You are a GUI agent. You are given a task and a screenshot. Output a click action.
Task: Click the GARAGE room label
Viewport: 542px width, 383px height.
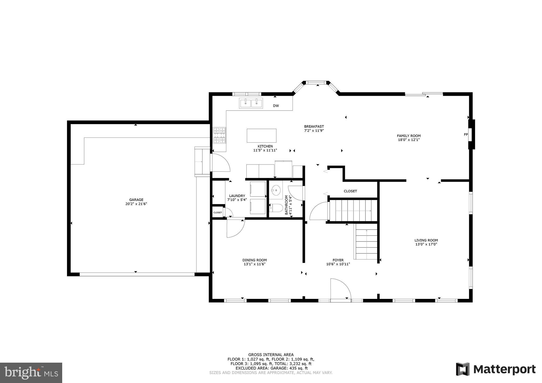[136, 200]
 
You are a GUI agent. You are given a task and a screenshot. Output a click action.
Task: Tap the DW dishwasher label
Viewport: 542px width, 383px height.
[276, 106]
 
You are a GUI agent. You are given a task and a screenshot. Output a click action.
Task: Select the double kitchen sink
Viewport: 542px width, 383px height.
[251, 103]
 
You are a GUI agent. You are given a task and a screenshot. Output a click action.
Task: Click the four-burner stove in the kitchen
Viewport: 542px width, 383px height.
[219, 135]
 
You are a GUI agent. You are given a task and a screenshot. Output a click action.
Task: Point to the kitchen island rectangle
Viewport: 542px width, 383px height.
[261, 136]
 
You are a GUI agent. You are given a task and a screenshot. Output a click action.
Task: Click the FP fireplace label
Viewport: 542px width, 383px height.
[466, 135]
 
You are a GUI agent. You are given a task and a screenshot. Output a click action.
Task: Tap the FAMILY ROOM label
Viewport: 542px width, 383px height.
[409, 136]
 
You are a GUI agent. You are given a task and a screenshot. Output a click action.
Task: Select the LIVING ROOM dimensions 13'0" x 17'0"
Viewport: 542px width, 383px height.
[426, 244]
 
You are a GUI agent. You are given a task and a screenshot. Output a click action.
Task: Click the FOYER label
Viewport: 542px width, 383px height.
[338, 260]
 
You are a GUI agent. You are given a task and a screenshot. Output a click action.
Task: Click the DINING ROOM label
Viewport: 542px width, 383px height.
[254, 260]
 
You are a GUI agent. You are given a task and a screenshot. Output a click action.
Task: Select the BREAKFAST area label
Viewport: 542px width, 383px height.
[314, 126]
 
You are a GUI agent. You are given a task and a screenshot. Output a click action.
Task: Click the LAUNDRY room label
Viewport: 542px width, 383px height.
[237, 196]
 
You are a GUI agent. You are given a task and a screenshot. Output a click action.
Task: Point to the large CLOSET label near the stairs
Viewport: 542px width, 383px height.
[350, 191]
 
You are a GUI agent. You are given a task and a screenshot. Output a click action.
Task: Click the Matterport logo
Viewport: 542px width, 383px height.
[495, 369]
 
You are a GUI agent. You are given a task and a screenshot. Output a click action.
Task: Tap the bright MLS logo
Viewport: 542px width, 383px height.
[31, 373]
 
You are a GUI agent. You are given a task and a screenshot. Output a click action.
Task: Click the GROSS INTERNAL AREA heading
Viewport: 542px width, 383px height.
[271, 355]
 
